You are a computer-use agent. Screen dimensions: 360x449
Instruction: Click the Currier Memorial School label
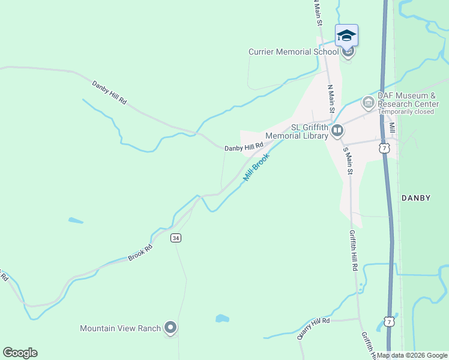(294, 52)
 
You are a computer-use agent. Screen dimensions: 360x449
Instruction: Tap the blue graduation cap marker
(346, 35)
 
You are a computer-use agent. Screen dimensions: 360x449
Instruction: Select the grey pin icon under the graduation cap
(348, 52)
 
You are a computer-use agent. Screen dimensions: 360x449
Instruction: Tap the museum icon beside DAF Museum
(367, 103)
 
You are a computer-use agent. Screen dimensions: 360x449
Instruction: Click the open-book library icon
(337, 130)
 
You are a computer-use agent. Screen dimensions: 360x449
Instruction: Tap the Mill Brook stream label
(257, 167)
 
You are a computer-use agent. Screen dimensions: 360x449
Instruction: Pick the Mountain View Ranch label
(121, 328)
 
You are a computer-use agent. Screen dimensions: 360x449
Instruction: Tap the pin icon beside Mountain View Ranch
(171, 328)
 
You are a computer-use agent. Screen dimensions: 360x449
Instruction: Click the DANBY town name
(416, 197)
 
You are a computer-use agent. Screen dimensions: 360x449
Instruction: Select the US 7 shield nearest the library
(385, 146)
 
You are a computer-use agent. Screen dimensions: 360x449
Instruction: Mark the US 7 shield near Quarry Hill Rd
(390, 322)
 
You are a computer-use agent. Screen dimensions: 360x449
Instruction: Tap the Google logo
(20, 353)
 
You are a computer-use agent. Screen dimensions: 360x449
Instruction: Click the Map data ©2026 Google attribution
(412, 355)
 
